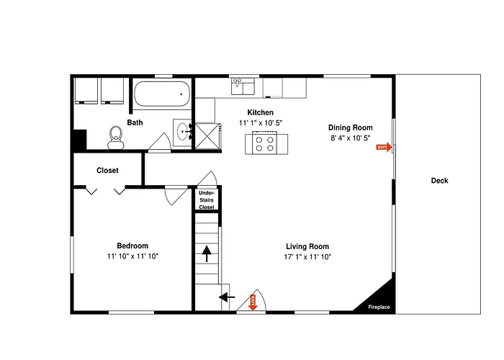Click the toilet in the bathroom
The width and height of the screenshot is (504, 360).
pos(116,138)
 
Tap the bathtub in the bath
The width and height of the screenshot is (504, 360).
pos(162,94)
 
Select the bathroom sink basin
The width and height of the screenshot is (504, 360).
pos(183,132)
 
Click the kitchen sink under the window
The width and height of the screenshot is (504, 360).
pos(243,86)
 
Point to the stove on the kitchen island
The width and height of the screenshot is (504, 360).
pos(264,143)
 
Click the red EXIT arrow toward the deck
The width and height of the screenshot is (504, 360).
pos(384,147)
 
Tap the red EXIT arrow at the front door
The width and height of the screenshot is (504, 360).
pos(253,302)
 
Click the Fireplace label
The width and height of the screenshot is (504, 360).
pos(379,307)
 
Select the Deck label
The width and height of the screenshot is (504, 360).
pos(439,181)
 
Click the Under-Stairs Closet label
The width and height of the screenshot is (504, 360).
pos(207,200)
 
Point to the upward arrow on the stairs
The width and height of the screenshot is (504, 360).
pos(207,254)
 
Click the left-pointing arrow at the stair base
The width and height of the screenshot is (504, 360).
pos(227,297)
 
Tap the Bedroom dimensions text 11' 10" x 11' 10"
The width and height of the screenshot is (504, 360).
pos(132,256)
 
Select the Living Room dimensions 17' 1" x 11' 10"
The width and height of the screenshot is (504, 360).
pos(307,257)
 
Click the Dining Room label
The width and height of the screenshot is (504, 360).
pos(351,127)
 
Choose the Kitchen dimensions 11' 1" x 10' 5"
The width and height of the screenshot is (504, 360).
pos(261,123)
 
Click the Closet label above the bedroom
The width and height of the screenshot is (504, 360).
pos(107,171)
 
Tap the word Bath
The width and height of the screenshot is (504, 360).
pos(135,122)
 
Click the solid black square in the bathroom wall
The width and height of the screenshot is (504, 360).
pos(80,140)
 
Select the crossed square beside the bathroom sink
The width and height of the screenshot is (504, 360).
pos(207,136)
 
